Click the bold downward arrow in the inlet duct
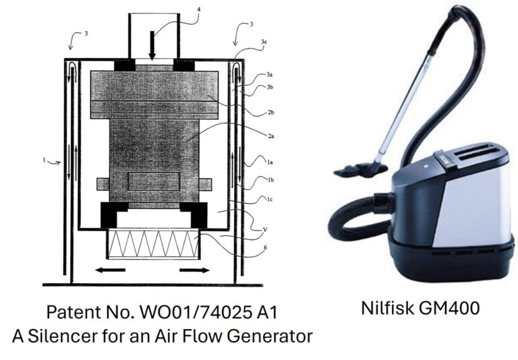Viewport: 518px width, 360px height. [x=152, y=46]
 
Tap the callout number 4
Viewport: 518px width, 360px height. [x=198, y=9]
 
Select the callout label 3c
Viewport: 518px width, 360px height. [x=264, y=42]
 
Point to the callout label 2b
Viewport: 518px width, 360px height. [x=270, y=113]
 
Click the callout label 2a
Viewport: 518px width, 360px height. [x=271, y=136]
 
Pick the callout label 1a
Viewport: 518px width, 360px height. [x=270, y=162]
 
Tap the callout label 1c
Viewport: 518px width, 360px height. [x=270, y=199]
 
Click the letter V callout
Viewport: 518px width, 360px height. [x=265, y=229]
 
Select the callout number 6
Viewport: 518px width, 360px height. [x=265, y=247]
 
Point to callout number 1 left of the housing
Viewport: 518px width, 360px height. [x=44, y=160]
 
